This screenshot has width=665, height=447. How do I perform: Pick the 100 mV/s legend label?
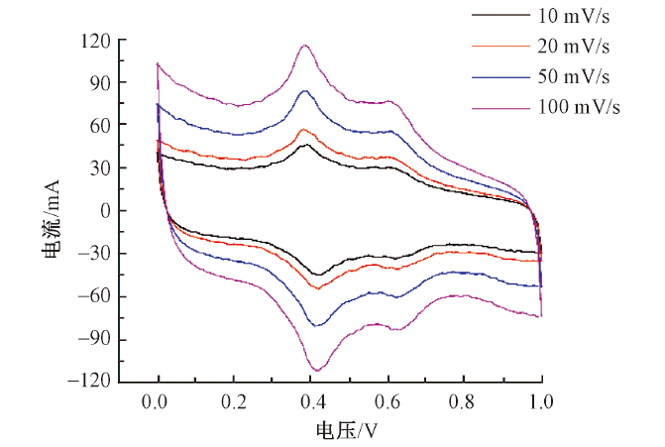[579, 107]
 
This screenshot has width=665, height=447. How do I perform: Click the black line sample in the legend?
[501, 16]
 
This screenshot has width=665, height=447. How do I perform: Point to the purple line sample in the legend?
[501, 107]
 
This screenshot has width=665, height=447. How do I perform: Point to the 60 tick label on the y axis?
[97, 125]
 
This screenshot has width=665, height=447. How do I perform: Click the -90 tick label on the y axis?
[93, 339]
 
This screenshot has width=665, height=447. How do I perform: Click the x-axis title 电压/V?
[347, 430]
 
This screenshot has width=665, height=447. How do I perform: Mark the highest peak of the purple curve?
[305, 45]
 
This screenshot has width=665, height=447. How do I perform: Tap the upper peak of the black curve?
[307, 145]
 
